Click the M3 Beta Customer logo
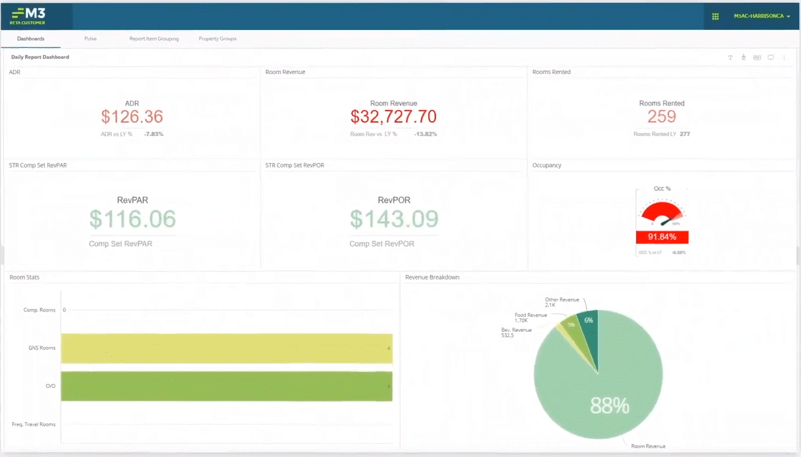click(28, 16)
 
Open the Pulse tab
click(90, 39)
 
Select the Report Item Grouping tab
click(154, 39)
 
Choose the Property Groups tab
click(217, 39)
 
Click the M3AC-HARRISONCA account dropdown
click(761, 16)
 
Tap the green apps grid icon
click(716, 16)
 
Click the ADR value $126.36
click(132, 117)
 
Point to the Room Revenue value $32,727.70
click(393, 117)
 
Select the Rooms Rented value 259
click(662, 117)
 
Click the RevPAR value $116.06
click(132, 219)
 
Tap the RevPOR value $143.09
click(394, 219)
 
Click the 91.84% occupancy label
click(662, 237)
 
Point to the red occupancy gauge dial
click(662, 213)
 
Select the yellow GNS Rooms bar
click(226, 348)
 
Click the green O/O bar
click(226, 386)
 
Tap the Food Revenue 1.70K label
click(530, 318)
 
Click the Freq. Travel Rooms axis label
click(34, 424)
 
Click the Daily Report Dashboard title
click(40, 57)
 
